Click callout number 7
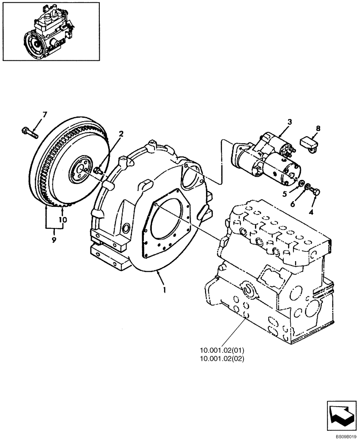pos(44,115)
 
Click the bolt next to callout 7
pos(28,131)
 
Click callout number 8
pos(319,129)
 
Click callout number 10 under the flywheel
pos(63,219)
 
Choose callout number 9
pos(54,240)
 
